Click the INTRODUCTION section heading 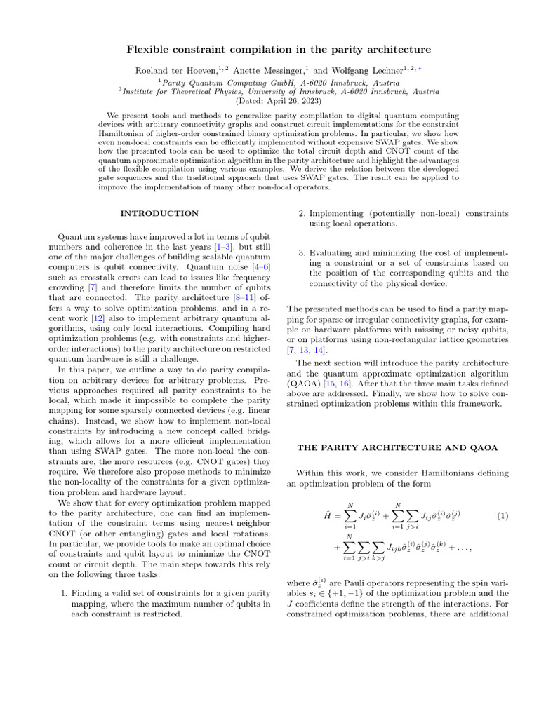coord(159,213)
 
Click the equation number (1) coord(503,516)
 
